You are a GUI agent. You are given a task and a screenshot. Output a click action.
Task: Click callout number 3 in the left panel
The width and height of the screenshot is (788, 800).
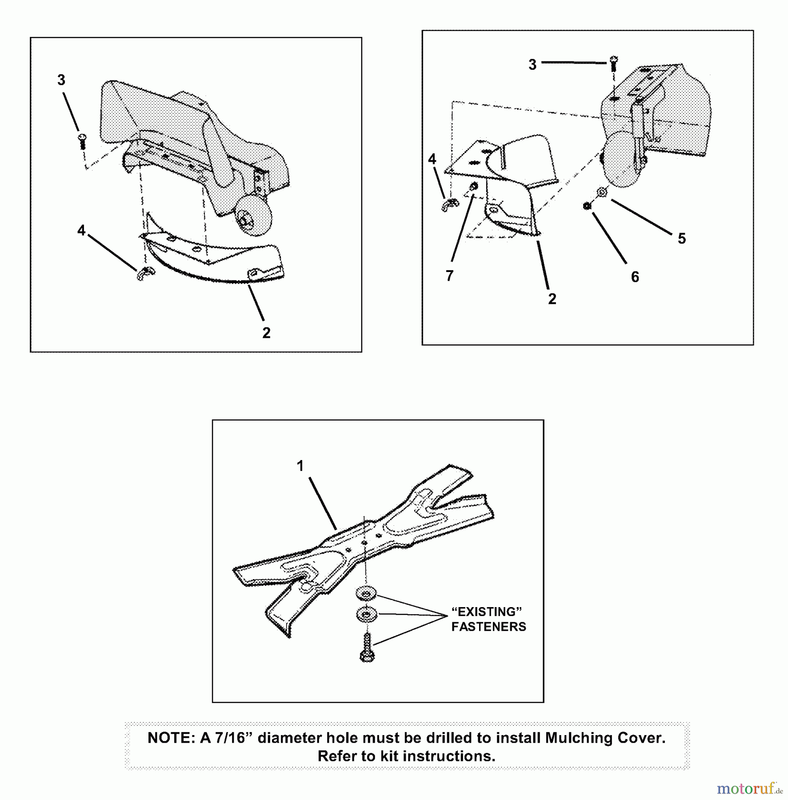point(61,80)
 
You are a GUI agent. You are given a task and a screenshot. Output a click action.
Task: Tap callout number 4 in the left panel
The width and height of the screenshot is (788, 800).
point(81,231)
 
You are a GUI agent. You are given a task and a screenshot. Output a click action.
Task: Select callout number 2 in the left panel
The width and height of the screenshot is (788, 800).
point(266,333)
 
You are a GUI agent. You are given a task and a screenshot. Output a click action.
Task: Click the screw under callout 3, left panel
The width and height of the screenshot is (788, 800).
point(82,141)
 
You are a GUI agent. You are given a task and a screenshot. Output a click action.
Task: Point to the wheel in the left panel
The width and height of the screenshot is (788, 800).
point(254,216)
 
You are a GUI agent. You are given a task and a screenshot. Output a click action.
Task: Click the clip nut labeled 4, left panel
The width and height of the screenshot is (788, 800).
point(143,274)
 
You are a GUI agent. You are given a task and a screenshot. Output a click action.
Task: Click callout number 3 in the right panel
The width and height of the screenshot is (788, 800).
point(532,65)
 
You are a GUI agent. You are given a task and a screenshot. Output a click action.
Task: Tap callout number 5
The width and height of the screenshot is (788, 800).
point(682,239)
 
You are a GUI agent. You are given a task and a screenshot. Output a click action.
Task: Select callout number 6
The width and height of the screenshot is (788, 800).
point(635,277)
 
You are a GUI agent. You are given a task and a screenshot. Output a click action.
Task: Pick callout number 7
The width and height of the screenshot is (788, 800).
point(450,276)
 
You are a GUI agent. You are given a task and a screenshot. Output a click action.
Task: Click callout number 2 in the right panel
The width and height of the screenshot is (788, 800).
point(552,299)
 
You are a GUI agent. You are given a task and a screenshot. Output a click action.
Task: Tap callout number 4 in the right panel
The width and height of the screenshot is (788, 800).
point(432,159)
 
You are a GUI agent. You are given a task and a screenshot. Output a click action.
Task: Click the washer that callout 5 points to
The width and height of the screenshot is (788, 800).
point(602,192)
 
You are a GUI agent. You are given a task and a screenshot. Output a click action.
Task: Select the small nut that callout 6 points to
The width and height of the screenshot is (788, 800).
point(587,206)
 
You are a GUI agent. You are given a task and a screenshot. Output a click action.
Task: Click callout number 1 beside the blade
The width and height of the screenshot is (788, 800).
point(300,466)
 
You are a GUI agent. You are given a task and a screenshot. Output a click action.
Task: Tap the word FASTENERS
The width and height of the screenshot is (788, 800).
point(488,627)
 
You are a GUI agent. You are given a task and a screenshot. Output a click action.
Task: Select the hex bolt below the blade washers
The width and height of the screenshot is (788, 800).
point(367,648)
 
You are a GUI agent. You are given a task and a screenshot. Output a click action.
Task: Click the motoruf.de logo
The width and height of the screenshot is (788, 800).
point(750,789)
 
